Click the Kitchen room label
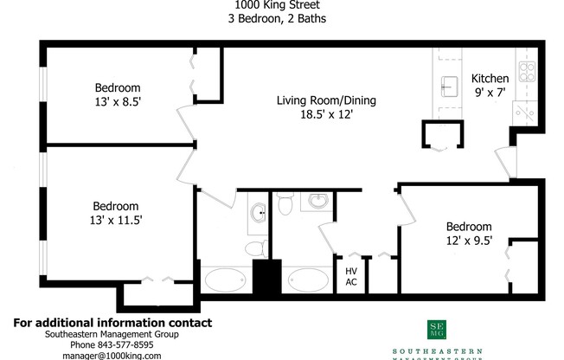pos(490,77)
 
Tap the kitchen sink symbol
pos(448,85)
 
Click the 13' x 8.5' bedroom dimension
pos(118,102)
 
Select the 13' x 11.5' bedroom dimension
pos(116,221)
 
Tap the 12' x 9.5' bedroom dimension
pos(468,241)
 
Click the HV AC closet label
pos(352,276)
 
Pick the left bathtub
pos(226,280)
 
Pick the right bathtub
pos(307,280)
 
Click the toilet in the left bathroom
pos(255,249)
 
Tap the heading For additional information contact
pos(112,323)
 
